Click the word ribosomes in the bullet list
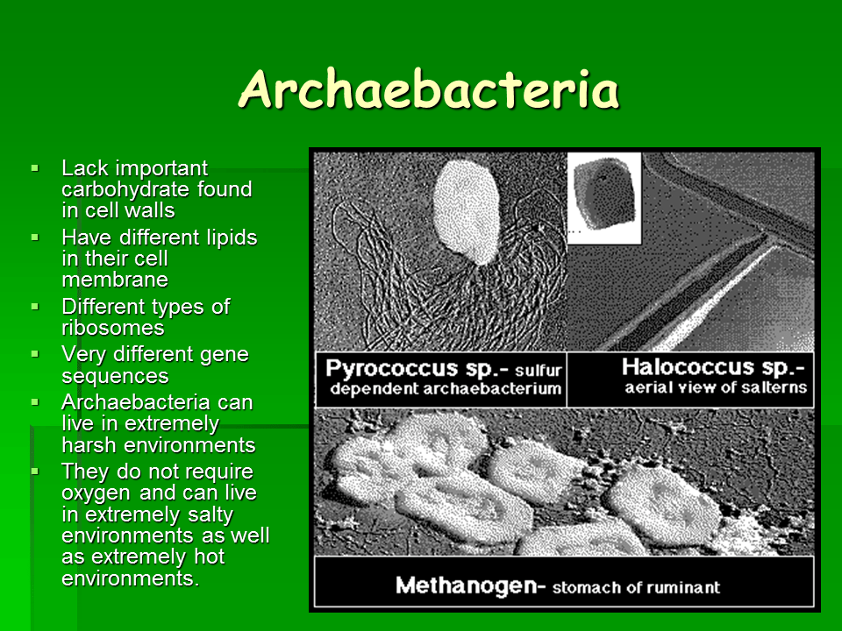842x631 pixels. tap(112, 328)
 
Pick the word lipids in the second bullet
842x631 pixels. tap(229, 238)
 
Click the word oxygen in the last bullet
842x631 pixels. tap(95, 493)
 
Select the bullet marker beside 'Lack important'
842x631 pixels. tap(35, 167)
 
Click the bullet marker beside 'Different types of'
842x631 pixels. tap(35, 307)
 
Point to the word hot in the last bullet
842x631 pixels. tap(208, 557)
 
